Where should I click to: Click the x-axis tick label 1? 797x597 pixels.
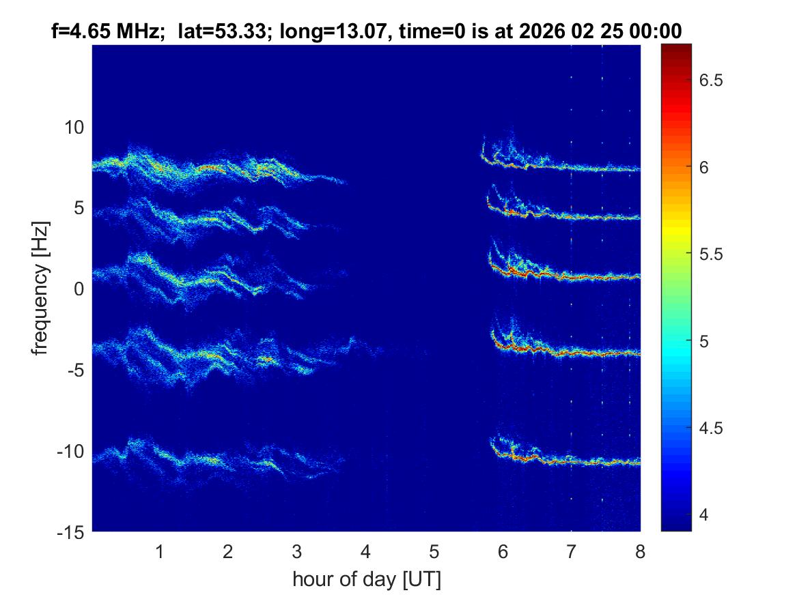click(159, 551)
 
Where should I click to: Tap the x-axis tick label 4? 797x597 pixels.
click(365, 551)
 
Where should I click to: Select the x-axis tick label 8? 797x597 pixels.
click(639, 551)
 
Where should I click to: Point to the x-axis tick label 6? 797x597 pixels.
click(503, 551)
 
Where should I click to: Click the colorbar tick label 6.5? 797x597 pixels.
click(712, 81)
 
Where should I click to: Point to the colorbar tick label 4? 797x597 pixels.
click(705, 514)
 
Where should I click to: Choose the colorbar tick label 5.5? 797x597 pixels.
click(712, 254)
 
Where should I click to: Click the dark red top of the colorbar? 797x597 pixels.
click(676, 48)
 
